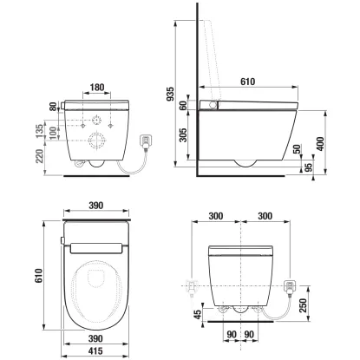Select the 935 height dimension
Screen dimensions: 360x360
[x=179, y=94]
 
